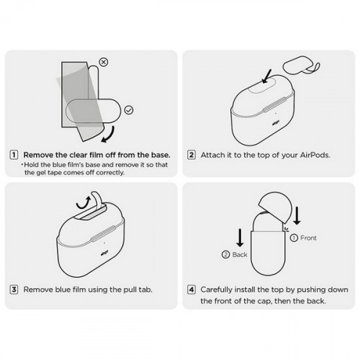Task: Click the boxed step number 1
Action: (14, 155)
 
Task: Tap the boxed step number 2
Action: (192, 155)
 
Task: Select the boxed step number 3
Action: (14, 289)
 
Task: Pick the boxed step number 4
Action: (192, 289)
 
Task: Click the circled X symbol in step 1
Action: (104, 62)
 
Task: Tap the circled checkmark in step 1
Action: (129, 110)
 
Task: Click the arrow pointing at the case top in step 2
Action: (266, 76)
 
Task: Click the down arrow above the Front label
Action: (297, 215)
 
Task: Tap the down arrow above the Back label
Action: (240, 238)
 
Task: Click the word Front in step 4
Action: (308, 238)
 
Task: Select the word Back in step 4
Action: (240, 254)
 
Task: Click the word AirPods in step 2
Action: (315, 155)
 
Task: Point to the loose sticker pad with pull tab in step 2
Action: (302, 66)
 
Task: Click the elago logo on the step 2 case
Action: (275, 124)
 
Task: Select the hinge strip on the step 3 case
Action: (103, 233)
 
